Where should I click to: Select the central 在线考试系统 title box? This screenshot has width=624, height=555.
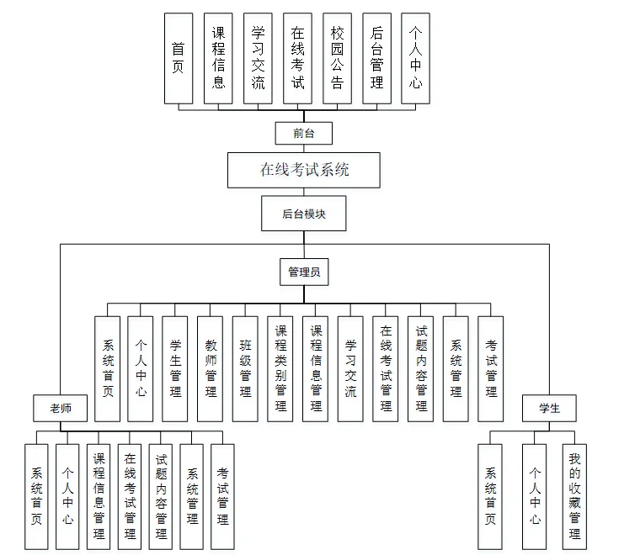303,170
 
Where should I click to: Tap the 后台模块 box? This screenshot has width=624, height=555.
303,214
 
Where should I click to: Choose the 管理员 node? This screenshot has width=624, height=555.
303,272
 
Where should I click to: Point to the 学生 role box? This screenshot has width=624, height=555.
549,408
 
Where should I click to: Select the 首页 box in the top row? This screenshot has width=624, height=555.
178,59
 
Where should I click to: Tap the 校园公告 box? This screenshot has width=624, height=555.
338,59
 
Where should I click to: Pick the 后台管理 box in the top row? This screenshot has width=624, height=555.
377,59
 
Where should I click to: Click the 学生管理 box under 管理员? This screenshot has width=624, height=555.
175,368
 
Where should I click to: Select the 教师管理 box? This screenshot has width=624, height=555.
211,368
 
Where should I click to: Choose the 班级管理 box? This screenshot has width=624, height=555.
245,368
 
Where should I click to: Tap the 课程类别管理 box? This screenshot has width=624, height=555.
280,368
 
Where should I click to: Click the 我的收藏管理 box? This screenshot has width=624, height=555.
574,496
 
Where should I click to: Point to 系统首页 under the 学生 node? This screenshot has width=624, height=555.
491,496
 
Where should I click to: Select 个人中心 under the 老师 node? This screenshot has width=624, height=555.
67,496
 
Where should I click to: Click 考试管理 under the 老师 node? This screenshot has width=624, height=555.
222,496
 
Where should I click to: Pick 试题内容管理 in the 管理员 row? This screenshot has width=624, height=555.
421,368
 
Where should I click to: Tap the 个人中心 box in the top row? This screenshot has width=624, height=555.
417,59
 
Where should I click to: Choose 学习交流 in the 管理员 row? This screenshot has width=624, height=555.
350,368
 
